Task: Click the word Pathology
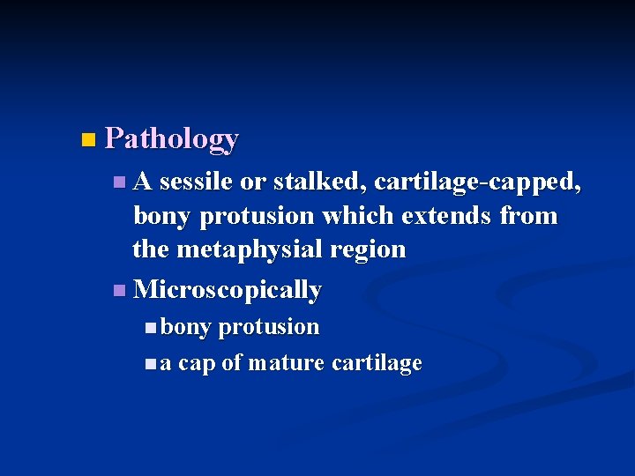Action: click(171, 138)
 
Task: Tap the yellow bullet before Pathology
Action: click(86, 139)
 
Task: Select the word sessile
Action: click(197, 182)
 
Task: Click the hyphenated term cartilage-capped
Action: click(477, 182)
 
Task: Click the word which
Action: click(375, 216)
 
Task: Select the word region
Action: click(369, 249)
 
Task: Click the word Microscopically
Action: click(228, 289)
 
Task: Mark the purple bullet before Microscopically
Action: click(120, 290)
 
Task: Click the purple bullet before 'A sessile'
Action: click(120, 183)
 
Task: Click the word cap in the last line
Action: click(197, 363)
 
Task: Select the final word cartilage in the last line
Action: click(377, 363)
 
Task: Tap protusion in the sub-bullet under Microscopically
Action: click(268, 327)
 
